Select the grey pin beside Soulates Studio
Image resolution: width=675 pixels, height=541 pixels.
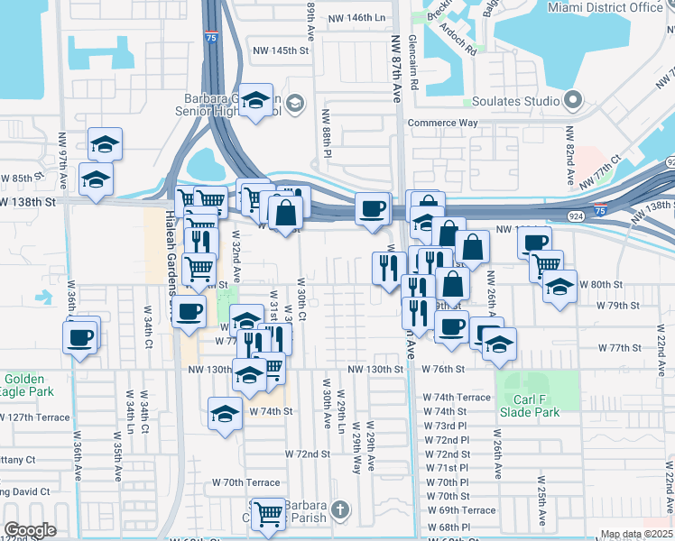[572, 99]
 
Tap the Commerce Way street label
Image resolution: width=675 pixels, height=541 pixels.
[443, 123]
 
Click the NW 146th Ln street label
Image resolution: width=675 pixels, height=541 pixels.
[356, 18]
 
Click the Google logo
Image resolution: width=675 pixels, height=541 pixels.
[30, 530]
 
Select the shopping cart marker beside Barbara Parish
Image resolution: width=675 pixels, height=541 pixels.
[267, 514]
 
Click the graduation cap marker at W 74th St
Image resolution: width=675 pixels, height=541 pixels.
[225, 414]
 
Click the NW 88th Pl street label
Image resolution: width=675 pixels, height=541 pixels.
[328, 135]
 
